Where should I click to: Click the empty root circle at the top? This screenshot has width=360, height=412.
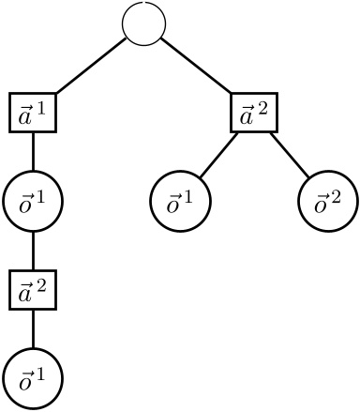pyautogui.click(x=144, y=23)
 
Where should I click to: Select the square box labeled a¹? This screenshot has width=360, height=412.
pyautogui.click(x=33, y=113)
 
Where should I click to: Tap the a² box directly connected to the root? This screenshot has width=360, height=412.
pyautogui.click(x=254, y=113)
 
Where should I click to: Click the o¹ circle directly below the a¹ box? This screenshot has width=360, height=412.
pyautogui.click(x=33, y=202)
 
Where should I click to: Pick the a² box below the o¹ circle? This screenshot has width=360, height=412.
pyautogui.click(x=33, y=290)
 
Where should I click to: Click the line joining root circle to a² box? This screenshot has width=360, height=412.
pyautogui.click(x=199, y=67)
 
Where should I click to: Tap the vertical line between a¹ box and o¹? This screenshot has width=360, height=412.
pyautogui.click(x=33, y=152)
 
